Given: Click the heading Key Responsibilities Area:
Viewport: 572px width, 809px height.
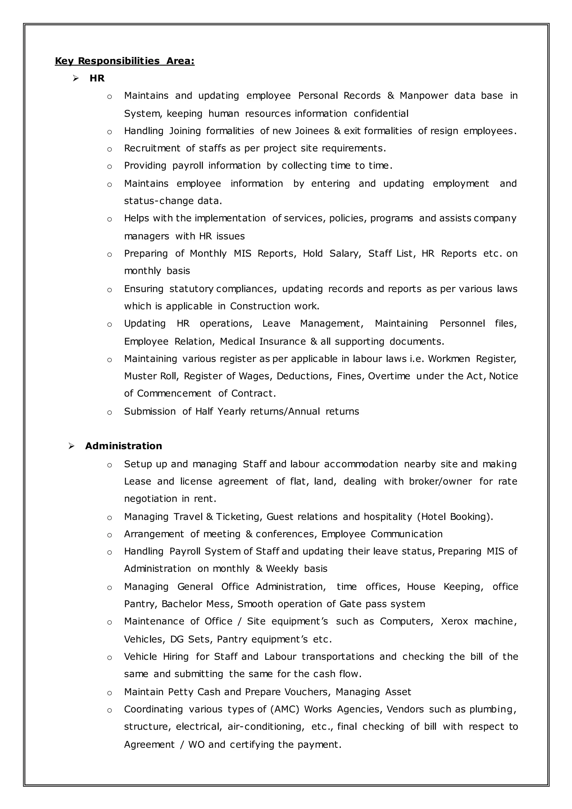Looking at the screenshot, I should pos(125,61).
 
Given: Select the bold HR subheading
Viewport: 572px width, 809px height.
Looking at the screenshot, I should pos(97,78).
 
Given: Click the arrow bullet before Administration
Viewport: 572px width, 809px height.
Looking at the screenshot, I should pos(71,446).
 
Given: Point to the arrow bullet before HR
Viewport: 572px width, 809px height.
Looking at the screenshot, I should pos(75,78).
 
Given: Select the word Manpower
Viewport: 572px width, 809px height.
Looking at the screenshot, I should pos(423,96).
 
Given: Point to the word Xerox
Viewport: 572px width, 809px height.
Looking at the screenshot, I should pos(454,621).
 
